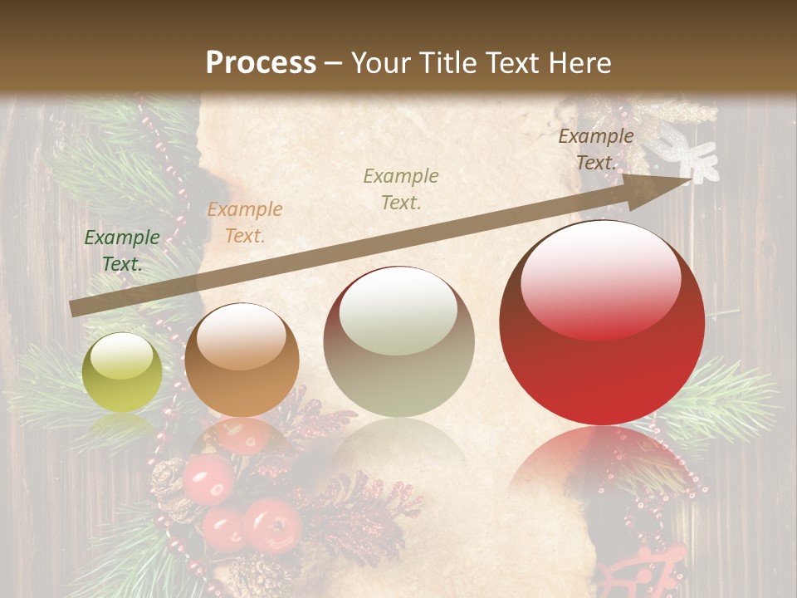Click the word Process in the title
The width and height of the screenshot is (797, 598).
pos(261,63)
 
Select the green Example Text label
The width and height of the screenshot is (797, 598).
pos(122,251)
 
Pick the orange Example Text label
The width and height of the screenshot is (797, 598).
pos(245,223)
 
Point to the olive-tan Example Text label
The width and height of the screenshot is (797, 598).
pos(401,189)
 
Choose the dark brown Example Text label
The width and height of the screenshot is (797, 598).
pos(596,149)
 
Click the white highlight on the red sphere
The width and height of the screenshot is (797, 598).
pos(601,278)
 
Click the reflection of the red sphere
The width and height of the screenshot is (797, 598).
pos(602,465)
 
